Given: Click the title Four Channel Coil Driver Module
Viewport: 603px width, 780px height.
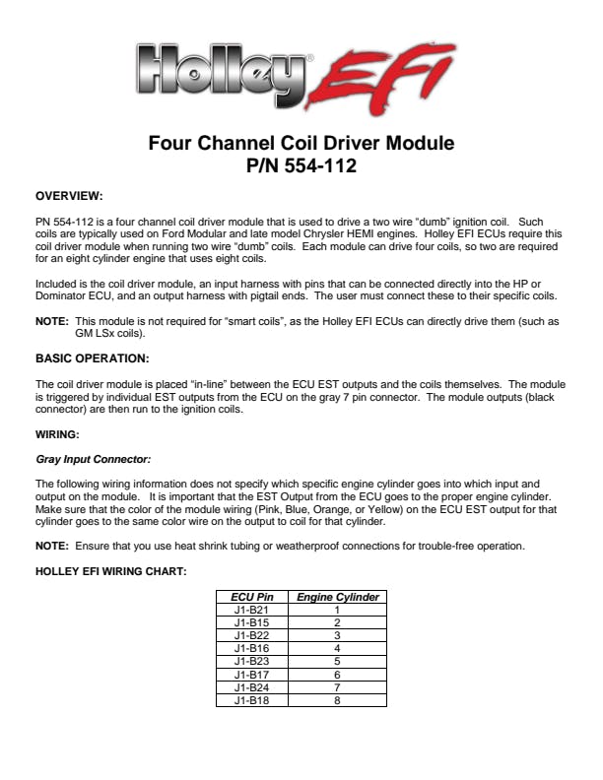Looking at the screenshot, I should [301, 143].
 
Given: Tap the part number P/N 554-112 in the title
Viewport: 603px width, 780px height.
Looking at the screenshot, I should [301, 166].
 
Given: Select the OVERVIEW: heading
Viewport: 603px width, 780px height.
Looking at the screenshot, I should [69, 197].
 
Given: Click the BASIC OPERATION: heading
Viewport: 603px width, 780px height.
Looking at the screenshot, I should [91, 358].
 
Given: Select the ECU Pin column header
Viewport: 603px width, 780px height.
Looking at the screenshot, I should [252, 598].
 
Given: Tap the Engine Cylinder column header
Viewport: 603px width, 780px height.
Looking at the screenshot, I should [337, 598].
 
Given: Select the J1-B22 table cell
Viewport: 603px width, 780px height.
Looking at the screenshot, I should [252, 636].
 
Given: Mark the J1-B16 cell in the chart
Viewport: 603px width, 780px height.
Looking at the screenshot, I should [252, 649].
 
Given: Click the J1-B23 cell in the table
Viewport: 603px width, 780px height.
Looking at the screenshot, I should [252, 662].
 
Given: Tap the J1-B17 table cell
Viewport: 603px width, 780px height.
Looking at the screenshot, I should [252, 675].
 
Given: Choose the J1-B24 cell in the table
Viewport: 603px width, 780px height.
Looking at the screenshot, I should [252, 687].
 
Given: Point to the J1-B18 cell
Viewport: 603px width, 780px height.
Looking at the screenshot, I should [252, 700].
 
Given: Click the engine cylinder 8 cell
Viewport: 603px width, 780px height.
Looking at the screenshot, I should [337, 700].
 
